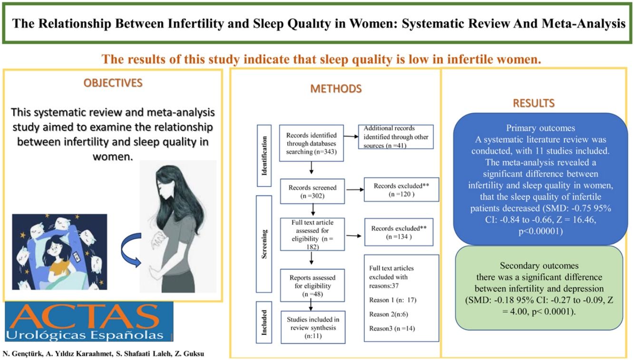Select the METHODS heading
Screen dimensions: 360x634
coord(336,88)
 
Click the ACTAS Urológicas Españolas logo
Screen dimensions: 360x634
coord(88,321)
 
